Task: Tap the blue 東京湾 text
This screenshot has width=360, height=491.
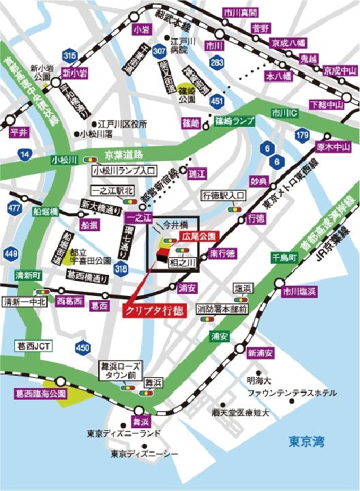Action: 306,441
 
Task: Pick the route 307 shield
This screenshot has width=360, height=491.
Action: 160,50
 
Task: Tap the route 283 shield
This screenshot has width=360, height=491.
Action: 217,63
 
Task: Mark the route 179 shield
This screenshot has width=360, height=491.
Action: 303,136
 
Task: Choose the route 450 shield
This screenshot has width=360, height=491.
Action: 82,348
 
